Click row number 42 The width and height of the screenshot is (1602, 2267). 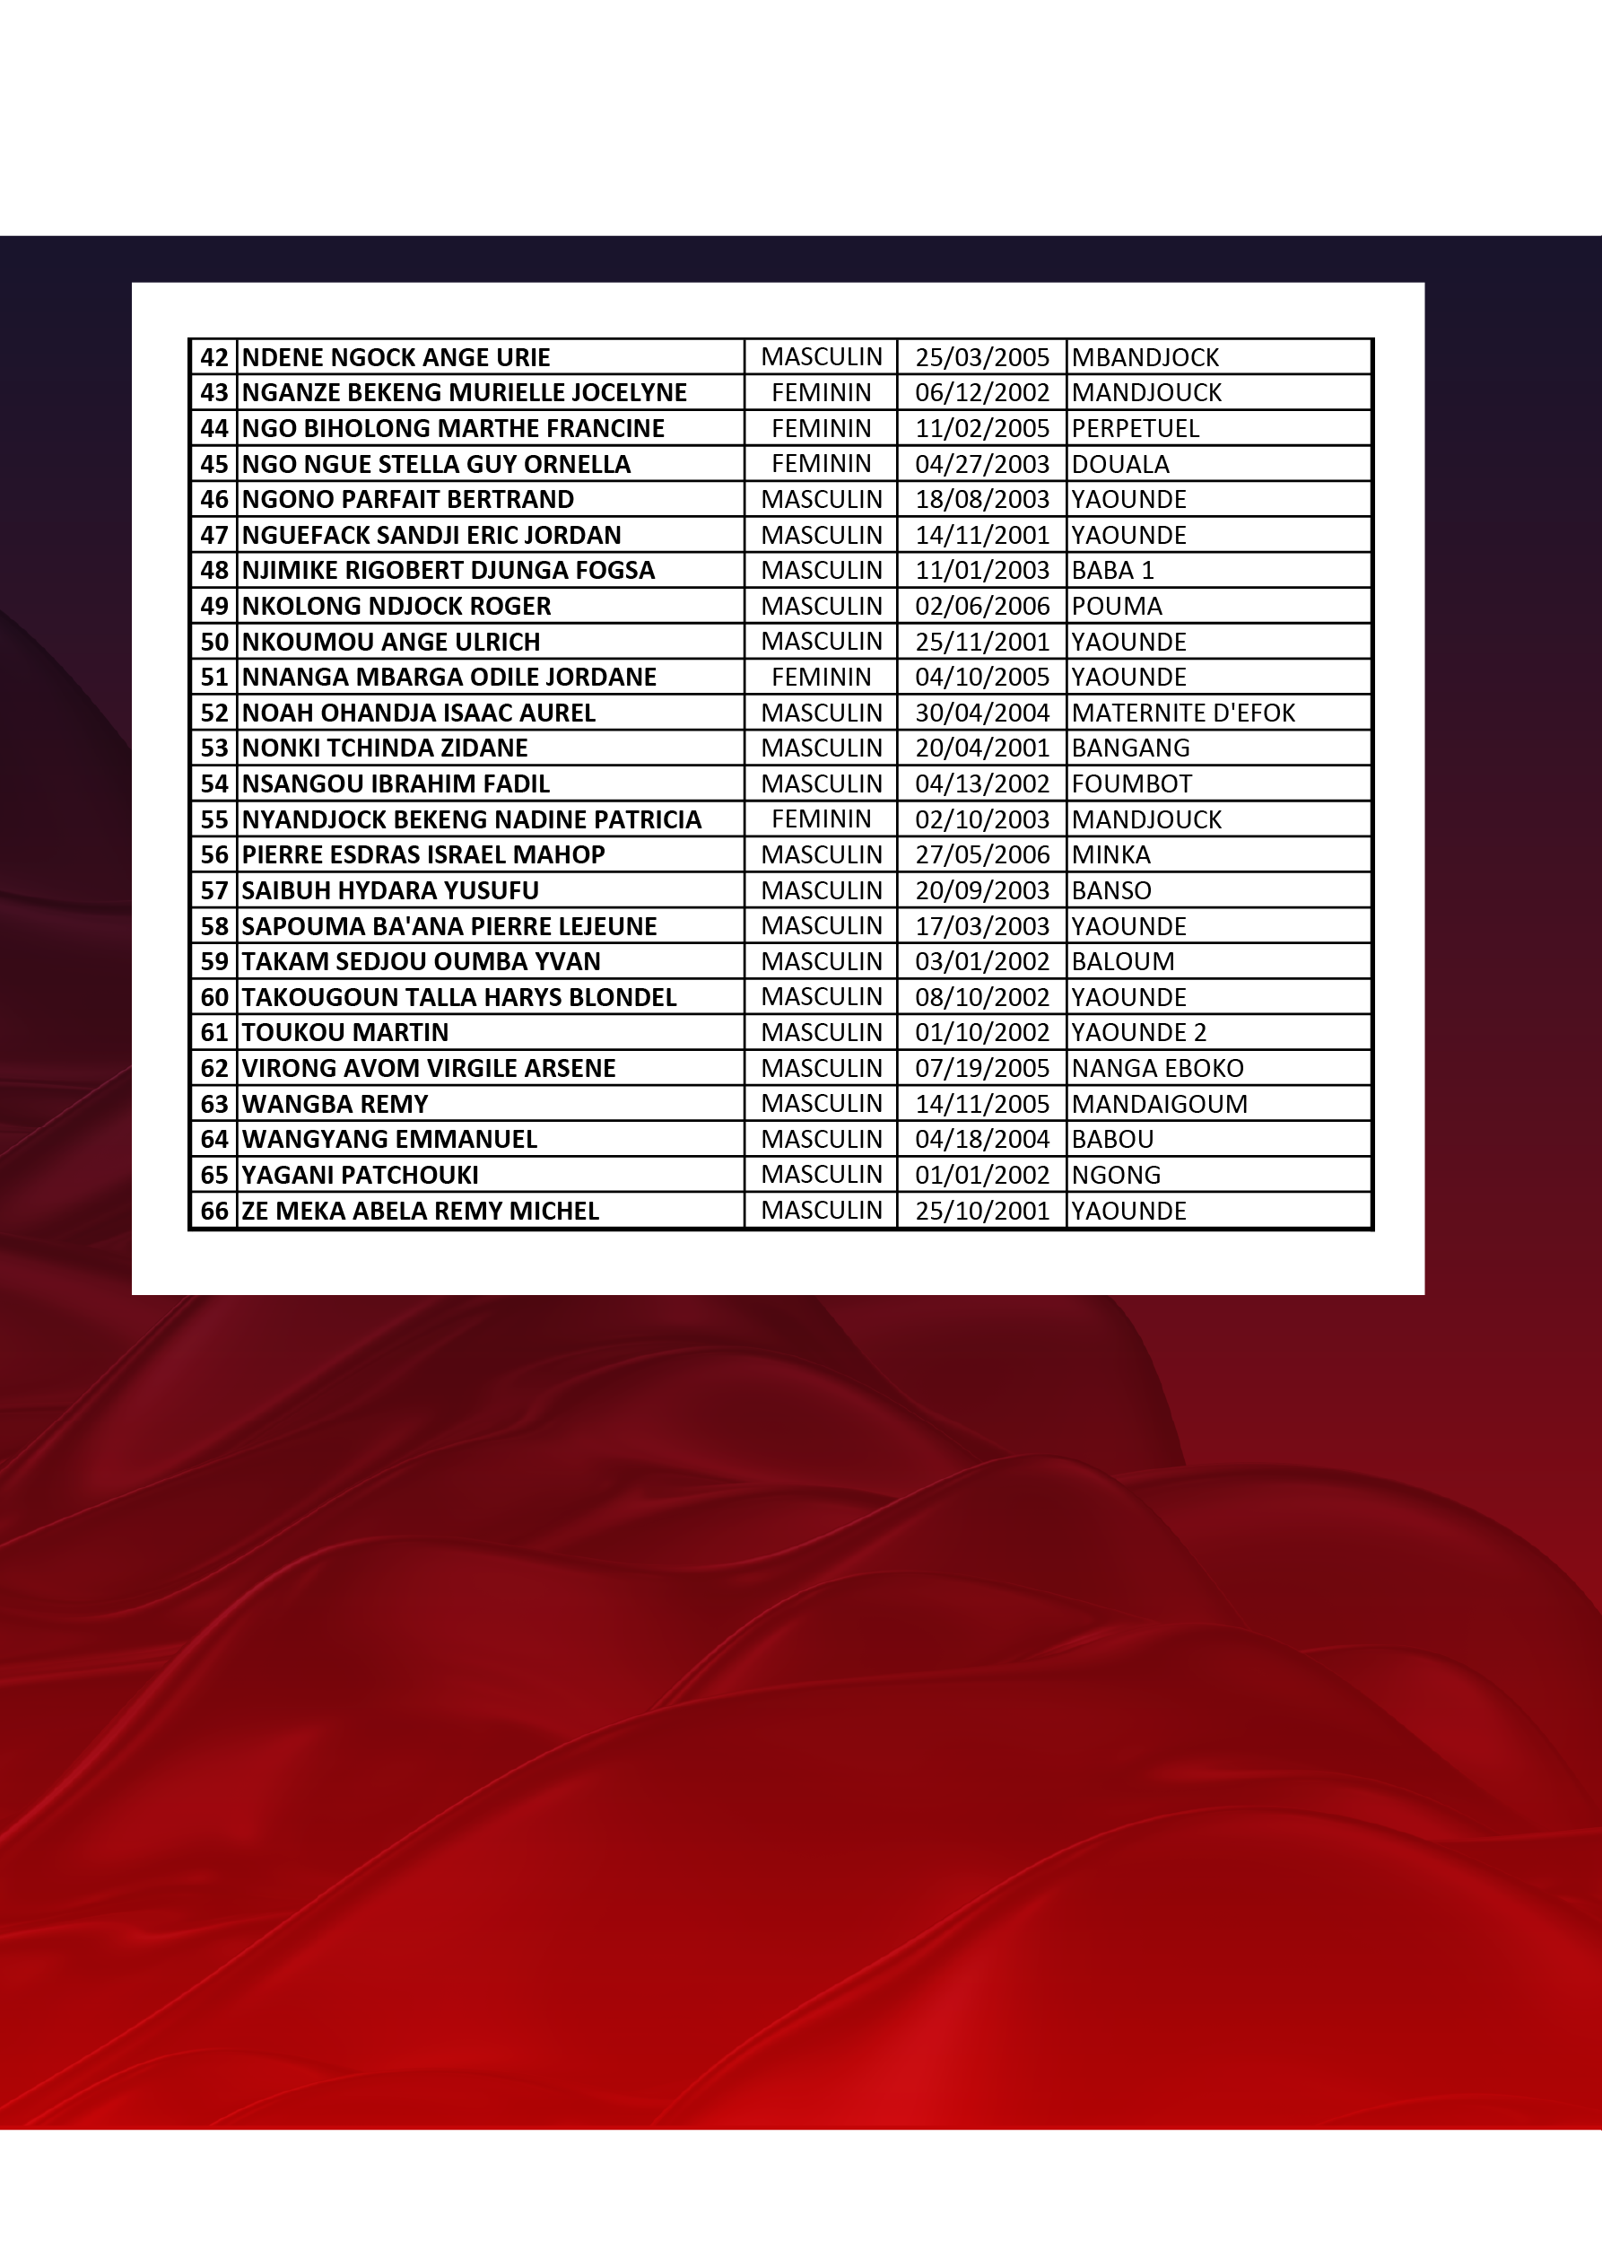[214, 357]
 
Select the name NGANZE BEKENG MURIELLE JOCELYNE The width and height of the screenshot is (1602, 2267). [464, 393]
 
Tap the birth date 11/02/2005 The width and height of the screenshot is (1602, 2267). [981, 428]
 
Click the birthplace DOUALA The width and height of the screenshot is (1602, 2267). [1120, 464]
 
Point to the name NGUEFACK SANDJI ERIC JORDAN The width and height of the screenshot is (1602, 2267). [431, 535]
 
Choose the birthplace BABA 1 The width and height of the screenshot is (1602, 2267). [1112, 571]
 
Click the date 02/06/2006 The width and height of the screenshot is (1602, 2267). [981, 607]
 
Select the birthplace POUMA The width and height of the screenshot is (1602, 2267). [1117, 607]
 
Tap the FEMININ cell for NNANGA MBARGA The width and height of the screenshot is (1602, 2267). [822, 678]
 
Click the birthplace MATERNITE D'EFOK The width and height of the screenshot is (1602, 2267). [1182, 713]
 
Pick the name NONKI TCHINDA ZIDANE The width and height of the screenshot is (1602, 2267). [385, 748]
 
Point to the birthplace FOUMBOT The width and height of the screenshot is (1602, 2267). [1131, 784]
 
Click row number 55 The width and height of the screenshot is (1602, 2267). [214, 819]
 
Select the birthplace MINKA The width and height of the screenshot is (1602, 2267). [1110, 855]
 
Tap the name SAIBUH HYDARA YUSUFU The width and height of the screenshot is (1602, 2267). [390, 890]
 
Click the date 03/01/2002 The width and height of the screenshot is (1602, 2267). [981, 962]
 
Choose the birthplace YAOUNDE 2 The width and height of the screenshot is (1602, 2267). [1138, 1033]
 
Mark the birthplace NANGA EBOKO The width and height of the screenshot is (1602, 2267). [1157, 1068]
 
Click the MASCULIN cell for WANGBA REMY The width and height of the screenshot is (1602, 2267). [822, 1104]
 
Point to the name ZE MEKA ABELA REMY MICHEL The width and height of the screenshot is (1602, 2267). [421, 1212]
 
